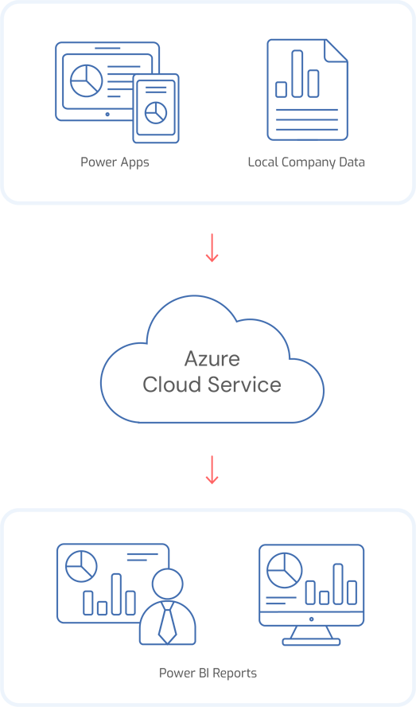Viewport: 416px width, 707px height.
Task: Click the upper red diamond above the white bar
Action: [x=212, y=243]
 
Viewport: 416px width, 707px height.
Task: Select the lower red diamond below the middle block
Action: [x=212, y=468]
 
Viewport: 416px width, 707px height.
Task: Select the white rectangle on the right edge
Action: [x=354, y=279]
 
